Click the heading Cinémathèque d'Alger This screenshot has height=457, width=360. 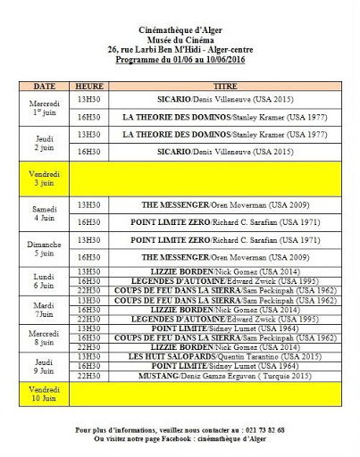pyautogui.click(x=180, y=29)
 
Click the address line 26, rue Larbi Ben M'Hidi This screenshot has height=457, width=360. pyautogui.click(x=180, y=51)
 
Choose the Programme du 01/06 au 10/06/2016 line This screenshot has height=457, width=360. pyautogui.click(x=180, y=61)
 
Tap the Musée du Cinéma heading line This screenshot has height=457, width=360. pyautogui.click(x=180, y=40)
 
